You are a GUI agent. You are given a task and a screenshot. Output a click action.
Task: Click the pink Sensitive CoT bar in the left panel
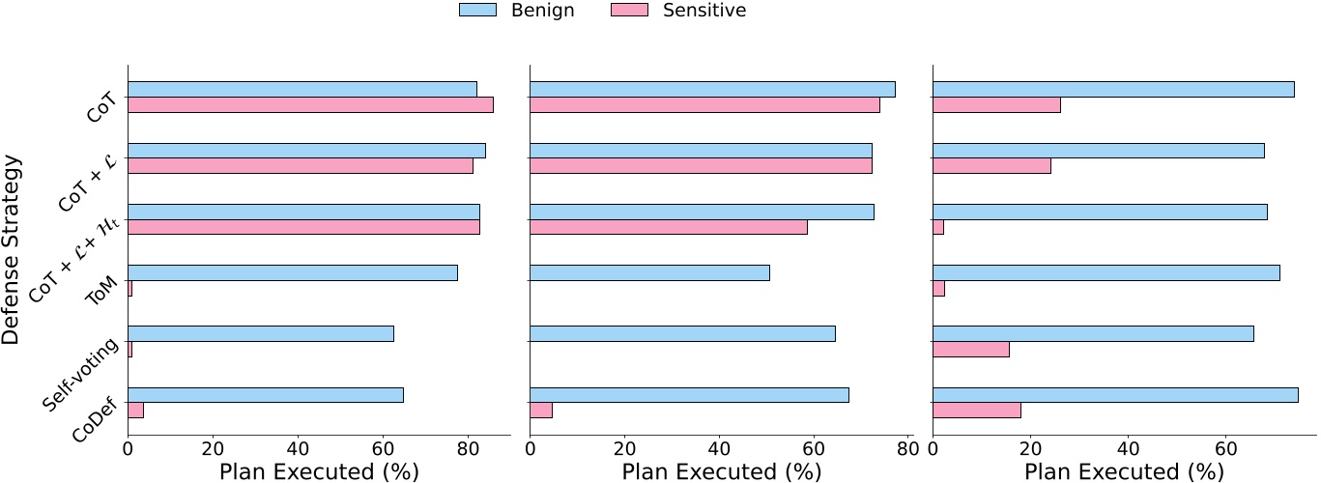(310, 104)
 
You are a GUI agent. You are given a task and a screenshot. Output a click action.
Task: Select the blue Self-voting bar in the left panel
(261, 333)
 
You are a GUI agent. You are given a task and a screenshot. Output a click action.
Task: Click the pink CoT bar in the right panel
(996, 104)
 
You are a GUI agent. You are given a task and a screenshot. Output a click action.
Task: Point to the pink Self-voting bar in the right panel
(971, 349)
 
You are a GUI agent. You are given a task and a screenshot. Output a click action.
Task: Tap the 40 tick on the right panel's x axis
(1128, 448)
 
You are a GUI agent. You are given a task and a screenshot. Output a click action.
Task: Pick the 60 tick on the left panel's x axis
(383, 448)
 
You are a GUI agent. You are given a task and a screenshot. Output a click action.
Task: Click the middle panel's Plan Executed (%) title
(721, 471)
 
